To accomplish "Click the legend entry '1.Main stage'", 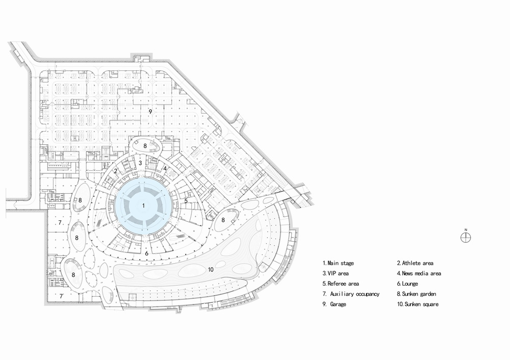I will tap(338, 263).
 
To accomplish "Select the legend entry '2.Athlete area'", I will tap(415, 263).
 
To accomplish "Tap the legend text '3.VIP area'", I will tap(336, 273).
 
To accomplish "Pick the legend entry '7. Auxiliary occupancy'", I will tap(351, 294).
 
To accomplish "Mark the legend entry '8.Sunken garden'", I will tap(417, 294).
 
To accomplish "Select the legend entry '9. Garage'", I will tap(335, 304).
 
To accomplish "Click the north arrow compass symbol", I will tap(465, 237).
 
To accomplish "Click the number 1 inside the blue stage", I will tap(144, 205).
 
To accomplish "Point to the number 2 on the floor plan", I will tap(116, 171).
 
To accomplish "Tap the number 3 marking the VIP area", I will tap(140, 163).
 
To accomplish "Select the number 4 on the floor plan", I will tap(165, 168).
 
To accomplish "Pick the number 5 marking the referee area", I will tap(186, 201).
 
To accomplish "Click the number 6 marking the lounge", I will tap(146, 253).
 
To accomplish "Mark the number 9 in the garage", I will tap(150, 111).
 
